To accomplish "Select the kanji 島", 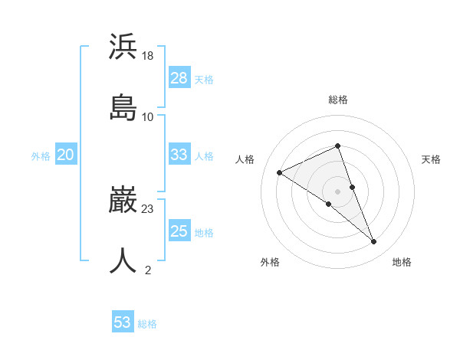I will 123,108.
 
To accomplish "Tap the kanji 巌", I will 123,200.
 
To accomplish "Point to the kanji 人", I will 123,260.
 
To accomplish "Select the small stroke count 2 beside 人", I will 148,270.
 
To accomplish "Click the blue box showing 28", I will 179,78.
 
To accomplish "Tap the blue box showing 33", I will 179,155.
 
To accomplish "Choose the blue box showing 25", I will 179,231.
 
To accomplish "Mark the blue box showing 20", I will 65,155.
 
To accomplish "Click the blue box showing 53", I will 122,322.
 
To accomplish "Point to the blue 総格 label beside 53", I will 147,324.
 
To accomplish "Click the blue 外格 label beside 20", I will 41,156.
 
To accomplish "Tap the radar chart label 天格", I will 432,159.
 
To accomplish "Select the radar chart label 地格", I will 402,262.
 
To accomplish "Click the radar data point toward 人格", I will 280,173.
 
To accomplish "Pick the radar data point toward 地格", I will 374,242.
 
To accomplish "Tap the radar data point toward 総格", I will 337,146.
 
